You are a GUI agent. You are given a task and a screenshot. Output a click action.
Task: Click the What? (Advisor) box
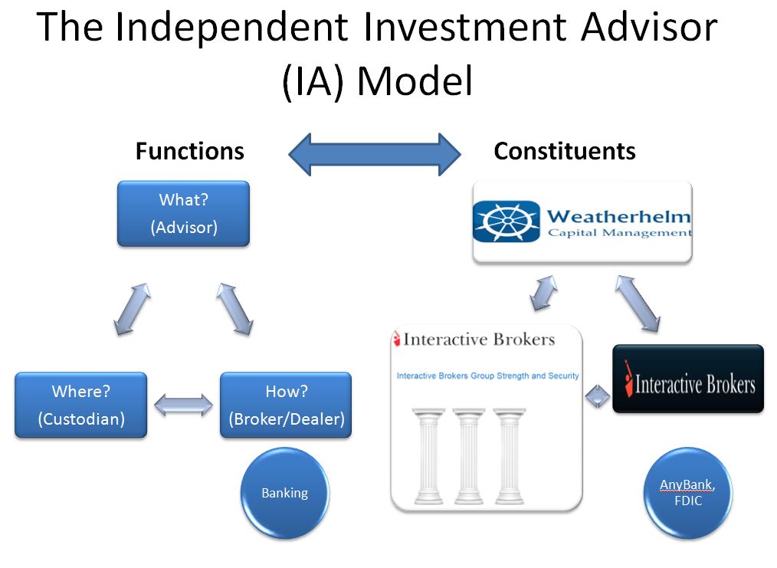183,214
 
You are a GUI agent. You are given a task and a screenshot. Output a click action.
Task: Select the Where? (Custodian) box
80,405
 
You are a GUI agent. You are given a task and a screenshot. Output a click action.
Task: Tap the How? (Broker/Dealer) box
286,405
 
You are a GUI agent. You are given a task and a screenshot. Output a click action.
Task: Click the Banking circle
285,493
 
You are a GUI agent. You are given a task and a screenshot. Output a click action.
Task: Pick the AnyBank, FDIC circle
688,493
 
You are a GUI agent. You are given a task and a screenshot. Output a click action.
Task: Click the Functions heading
190,151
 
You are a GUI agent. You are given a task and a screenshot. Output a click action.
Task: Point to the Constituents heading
565,151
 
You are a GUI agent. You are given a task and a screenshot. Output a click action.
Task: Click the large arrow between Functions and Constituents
375,154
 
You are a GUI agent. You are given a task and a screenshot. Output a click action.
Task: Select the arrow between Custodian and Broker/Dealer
183,405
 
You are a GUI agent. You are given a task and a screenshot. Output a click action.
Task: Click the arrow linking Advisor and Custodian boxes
133,309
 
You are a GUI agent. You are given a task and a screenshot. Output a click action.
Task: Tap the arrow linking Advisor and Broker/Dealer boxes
235,309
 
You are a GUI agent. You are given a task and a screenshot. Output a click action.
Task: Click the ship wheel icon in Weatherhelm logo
507,221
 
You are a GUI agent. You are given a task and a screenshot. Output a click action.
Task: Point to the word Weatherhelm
618,217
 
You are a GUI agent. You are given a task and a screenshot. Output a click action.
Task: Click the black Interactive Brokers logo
688,379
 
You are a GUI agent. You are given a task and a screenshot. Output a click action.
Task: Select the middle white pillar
468,456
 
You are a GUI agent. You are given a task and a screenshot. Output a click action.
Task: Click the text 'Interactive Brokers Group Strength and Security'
487,376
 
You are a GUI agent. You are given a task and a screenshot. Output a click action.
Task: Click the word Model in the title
415,80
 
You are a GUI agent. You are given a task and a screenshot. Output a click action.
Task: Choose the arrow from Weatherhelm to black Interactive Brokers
638,304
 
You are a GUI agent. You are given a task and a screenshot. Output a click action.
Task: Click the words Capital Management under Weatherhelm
619,233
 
